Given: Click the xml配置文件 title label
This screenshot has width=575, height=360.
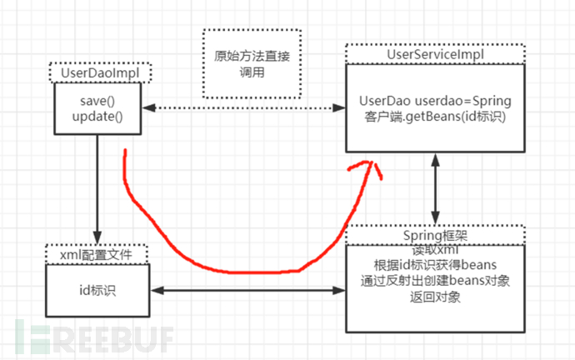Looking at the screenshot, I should (x=97, y=253).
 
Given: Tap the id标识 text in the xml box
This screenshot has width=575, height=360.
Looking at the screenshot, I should (x=97, y=290).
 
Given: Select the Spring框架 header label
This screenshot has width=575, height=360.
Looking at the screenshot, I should (x=435, y=235).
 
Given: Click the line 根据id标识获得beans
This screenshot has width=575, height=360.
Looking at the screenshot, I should (x=435, y=264).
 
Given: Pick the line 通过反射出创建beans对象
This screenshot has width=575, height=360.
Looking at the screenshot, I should (x=435, y=280).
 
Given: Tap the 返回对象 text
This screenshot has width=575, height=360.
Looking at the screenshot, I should (x=435, y=296).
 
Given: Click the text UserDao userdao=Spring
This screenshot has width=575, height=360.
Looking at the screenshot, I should (x=437, y=100).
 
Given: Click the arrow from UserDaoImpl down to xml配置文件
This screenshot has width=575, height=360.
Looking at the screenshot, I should (x=97, y=187).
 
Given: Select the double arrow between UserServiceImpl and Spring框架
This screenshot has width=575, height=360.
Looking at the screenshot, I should (x=436, y=189).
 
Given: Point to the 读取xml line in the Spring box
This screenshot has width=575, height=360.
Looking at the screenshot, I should (x=435, y=249).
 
